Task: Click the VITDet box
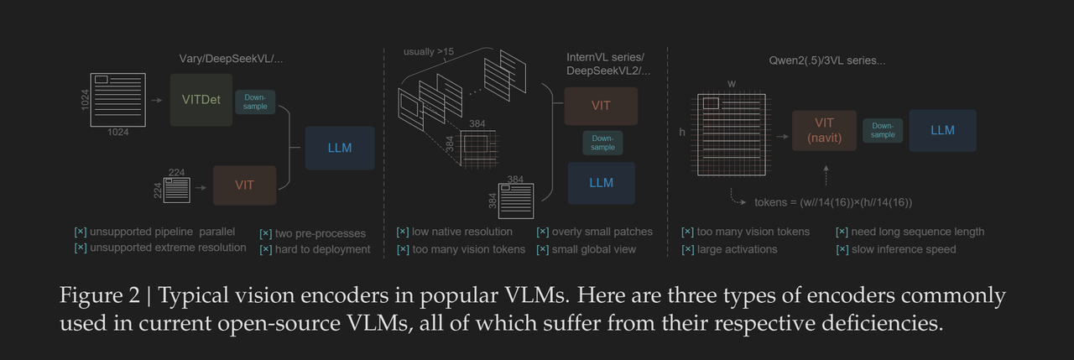(201, 100)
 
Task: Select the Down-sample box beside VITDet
(255, 102)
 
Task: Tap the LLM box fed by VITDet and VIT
(340, 149)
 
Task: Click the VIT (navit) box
(824, 130)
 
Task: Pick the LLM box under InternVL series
(601, 183)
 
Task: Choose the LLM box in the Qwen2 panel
(942, 130)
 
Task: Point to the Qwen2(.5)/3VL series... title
(826, 61)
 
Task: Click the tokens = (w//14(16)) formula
(832, 202)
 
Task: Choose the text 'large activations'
(735, 248)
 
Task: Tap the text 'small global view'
(594, 248)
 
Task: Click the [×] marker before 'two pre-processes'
(265, 232)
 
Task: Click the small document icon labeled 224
(177, 190)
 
